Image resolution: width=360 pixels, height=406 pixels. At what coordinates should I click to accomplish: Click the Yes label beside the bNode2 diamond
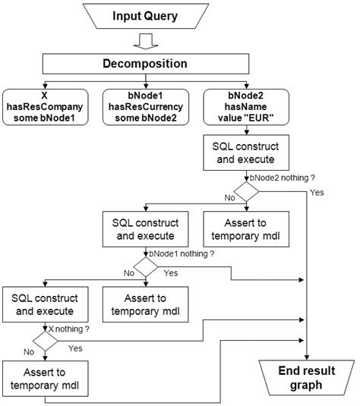pyautogui.click(x=317, y=192)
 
